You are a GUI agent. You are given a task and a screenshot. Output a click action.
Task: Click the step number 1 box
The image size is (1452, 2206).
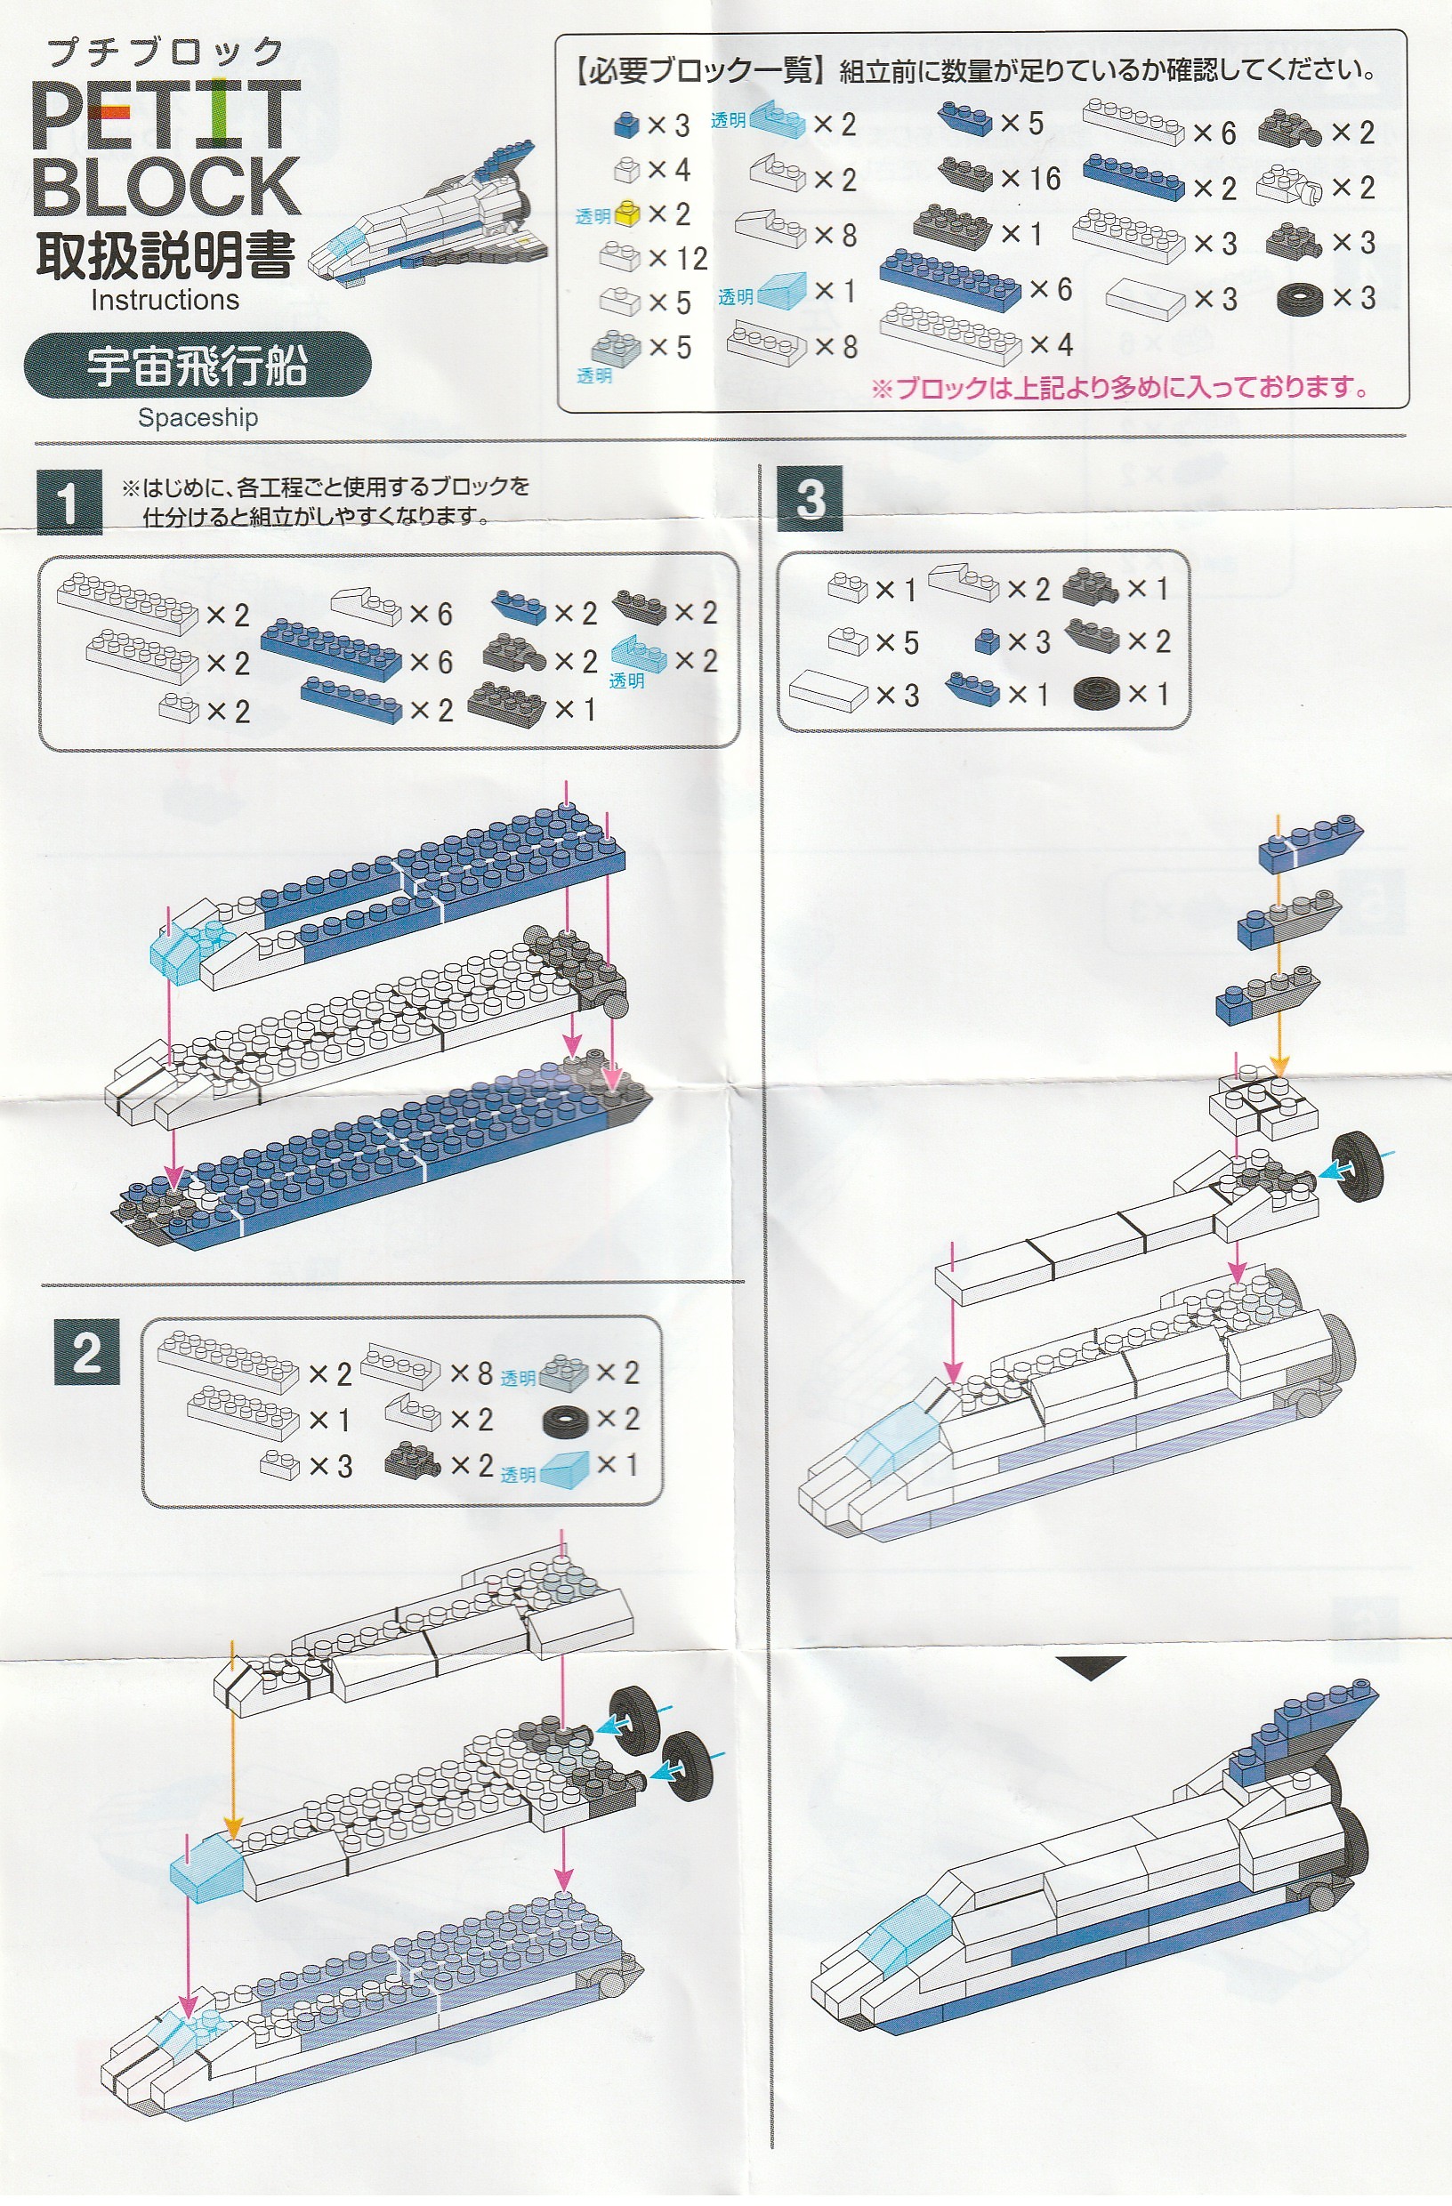(x=69, y=503)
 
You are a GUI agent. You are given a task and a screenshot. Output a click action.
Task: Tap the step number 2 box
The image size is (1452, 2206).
(x=87, y=1351)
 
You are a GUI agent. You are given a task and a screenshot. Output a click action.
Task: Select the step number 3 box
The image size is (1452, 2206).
(x=811, y=499)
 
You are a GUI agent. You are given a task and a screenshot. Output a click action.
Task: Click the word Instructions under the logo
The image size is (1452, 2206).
(x=165, y=301)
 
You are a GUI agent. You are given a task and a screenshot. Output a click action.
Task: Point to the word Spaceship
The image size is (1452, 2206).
(x=198, y=418)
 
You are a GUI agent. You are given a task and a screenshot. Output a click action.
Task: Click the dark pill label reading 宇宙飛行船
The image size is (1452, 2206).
(x=198, y=366)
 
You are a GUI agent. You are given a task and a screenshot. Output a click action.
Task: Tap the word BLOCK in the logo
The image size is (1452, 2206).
(x=167, y=186)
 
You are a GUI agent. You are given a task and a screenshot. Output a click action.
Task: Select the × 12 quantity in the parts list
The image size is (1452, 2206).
(x=678, y=259)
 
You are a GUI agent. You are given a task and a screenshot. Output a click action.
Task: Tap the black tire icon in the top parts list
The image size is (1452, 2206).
(x=1301, y=299)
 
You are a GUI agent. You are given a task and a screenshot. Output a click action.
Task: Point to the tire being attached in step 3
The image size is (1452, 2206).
(x=1359, y=1165)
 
